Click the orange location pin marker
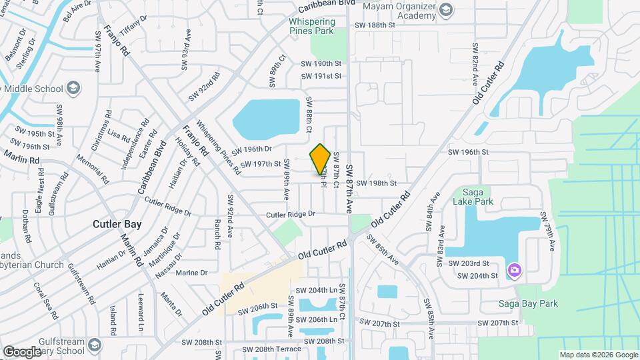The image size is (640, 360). [321, 159]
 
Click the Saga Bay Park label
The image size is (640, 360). [528, 303]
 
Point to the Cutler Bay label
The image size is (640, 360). [115, 224]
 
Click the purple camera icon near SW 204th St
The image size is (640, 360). [514, 270]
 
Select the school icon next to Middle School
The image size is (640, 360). [73, 88]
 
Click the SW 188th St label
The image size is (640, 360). [375, 25]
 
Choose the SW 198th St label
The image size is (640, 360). [376, 183]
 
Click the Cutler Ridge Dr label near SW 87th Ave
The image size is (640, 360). [291, 214]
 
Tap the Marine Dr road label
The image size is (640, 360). [192, 272]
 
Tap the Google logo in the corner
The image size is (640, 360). [22, 351]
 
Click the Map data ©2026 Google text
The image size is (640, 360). [598, 355]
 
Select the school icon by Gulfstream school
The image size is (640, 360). [94, 345]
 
